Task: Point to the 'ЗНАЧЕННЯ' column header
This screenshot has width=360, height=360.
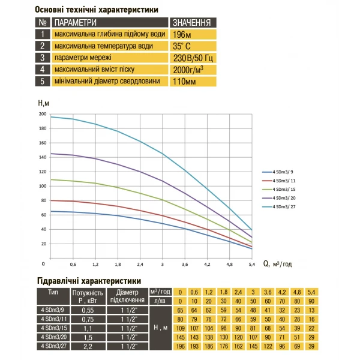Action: tap(191, 23)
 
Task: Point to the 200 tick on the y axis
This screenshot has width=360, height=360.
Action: tap(43, 113)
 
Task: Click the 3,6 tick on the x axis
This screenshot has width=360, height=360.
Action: tap(184, 264)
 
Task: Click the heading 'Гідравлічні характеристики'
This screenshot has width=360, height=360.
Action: tap(89, 280)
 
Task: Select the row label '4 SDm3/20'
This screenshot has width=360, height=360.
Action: tap(53, 337)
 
